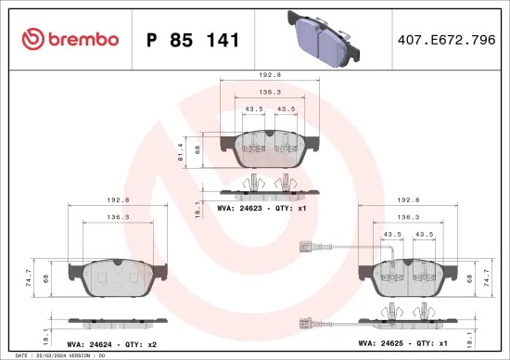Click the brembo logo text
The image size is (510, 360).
tap(70, 39)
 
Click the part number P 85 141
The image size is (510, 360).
tap(194, 40)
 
